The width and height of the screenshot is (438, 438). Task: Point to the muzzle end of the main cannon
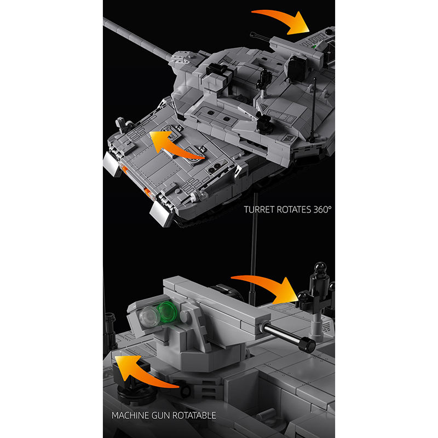click(x=105, y=20)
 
